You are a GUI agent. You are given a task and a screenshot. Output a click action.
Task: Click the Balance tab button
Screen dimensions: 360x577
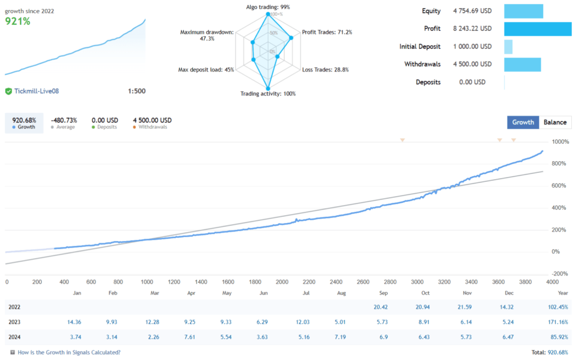pyautogui.click(x=555, y=122)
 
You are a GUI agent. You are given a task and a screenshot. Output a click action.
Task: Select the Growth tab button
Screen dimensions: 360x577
pyautogui.click(x=523, y=122)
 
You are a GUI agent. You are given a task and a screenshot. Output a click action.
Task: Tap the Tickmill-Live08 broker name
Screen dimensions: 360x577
pyautogui.click(x=38, y=91)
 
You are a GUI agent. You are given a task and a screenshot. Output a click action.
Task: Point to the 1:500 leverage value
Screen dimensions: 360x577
pyautogui.click(x=136, y=91)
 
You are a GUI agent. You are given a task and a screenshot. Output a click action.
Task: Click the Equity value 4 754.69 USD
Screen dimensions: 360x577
pyautogui.click(x=472, y=11)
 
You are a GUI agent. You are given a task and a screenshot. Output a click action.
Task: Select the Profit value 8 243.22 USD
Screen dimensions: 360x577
pyautogui.click(x=472, y=28)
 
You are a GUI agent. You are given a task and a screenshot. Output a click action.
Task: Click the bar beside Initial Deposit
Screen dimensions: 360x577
pyautogui.click(x=508, y=47)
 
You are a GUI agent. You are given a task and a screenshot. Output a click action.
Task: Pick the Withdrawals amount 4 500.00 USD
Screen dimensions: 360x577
pyautogui.click(x=472, y=64)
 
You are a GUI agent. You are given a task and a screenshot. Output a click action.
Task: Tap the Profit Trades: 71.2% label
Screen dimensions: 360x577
pyautogui.click(x=327, y=32)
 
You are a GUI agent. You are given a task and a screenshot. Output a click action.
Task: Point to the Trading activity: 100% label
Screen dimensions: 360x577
pyautogui.click(x=268, y=94)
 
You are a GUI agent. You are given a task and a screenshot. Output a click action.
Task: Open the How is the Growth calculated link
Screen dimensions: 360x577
pyautogui.click(x=69, y=352)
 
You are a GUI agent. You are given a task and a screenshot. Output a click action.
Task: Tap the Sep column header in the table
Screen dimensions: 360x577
pyautogui.click(x=383, y=293)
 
